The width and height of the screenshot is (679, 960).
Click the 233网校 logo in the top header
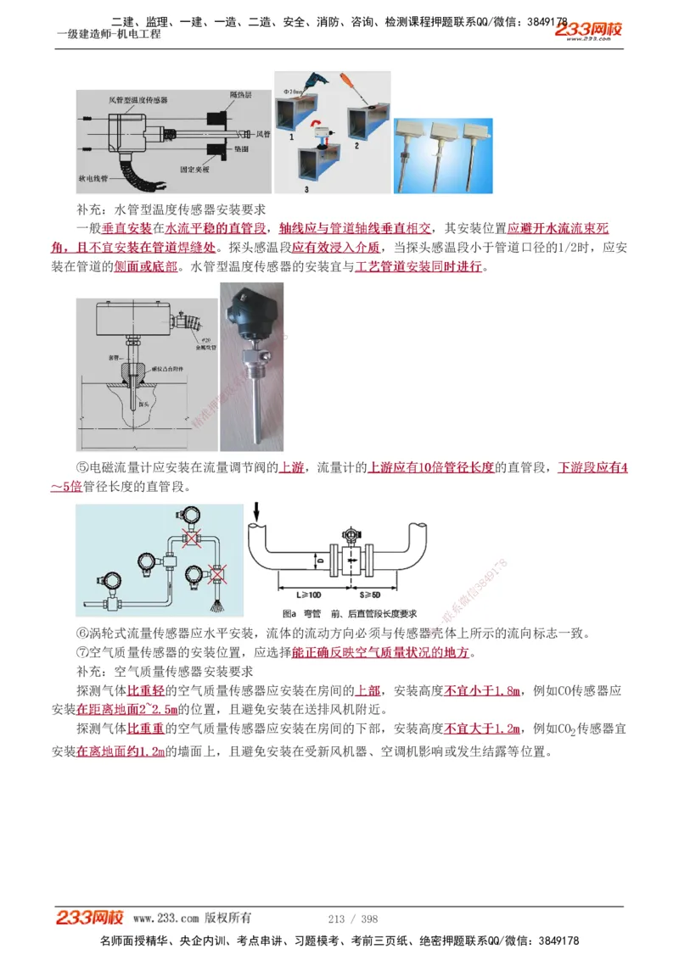[589, 31]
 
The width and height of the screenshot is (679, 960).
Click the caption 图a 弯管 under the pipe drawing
[301, 613]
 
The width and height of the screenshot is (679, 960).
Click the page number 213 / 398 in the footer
[352, 918]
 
